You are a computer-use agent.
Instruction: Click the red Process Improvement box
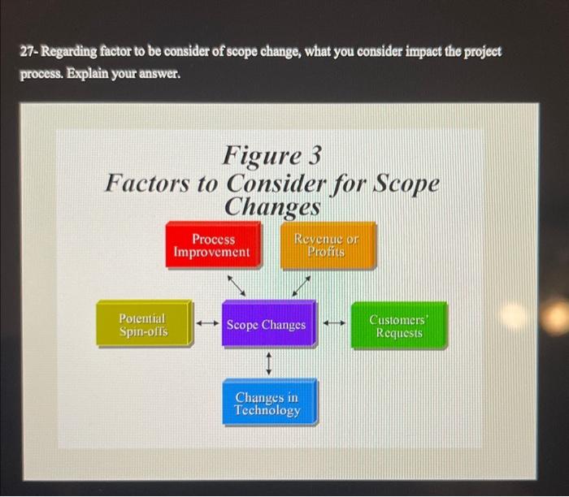(x=213, y=245)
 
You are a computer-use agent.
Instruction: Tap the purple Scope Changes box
(x=267, y=325)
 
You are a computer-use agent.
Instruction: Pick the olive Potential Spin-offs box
(x=143, y=325)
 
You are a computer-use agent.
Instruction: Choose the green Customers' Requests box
(x=398, y=326)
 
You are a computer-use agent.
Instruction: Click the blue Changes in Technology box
(x=268, y=404)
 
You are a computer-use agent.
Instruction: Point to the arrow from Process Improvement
(x=236, y=285)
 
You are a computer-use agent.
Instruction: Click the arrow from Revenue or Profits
(x=301, y=285)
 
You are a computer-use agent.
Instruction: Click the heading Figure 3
(x=272, y=153)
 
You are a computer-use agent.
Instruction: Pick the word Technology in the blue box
(x=267, y=411)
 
